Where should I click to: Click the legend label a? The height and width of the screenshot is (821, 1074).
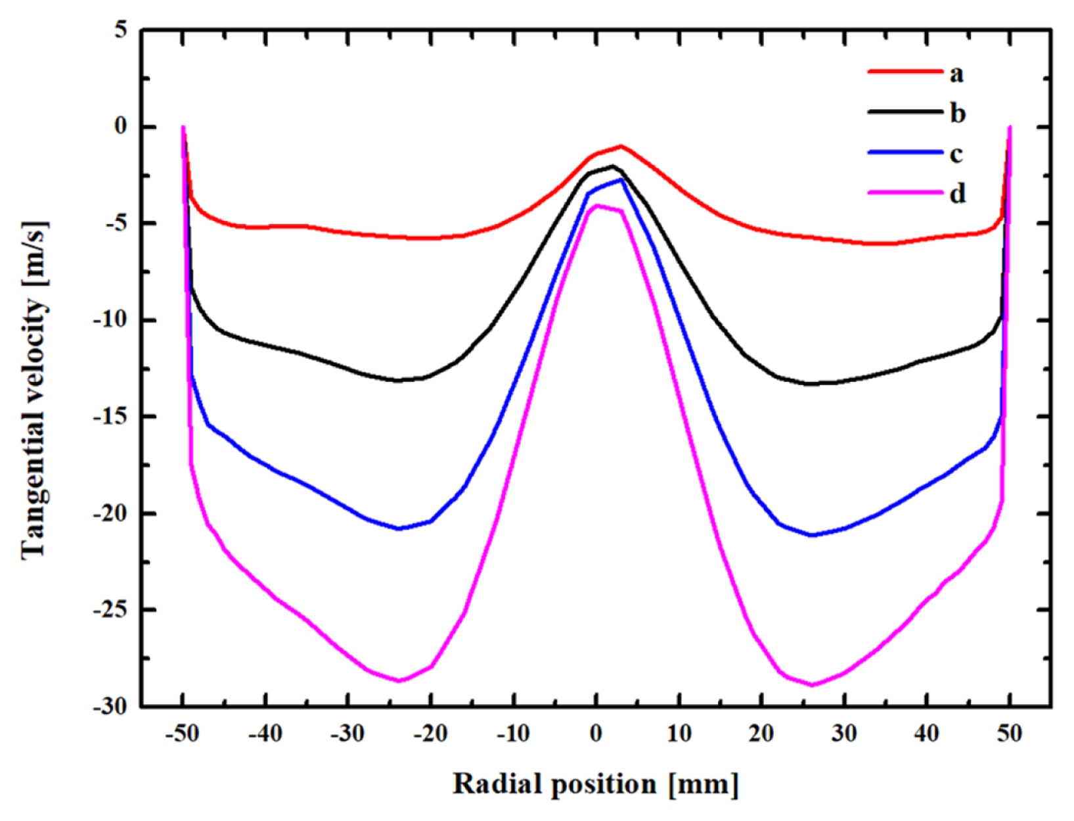pos(956,74)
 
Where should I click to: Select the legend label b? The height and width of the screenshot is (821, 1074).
pos(957,114)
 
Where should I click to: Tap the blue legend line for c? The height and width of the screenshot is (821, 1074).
pos(905,152)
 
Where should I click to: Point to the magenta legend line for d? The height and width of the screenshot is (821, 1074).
pos(905,193)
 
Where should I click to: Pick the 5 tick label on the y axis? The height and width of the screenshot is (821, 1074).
pos(121,30)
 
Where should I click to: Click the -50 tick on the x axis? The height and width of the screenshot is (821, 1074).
pos(182,733)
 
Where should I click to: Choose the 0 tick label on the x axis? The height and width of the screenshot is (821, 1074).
pos(596,733)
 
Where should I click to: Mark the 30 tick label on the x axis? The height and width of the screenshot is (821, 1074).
pos(843,733)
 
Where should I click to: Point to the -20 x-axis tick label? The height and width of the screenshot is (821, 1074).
pos(430,733)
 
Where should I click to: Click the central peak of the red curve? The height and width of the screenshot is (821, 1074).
pos(621,146)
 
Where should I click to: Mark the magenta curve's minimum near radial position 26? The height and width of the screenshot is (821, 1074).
pos(813,685)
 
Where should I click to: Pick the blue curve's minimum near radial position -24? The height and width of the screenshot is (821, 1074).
pos(398,528)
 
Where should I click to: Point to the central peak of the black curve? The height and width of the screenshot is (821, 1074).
pos(612,166)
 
